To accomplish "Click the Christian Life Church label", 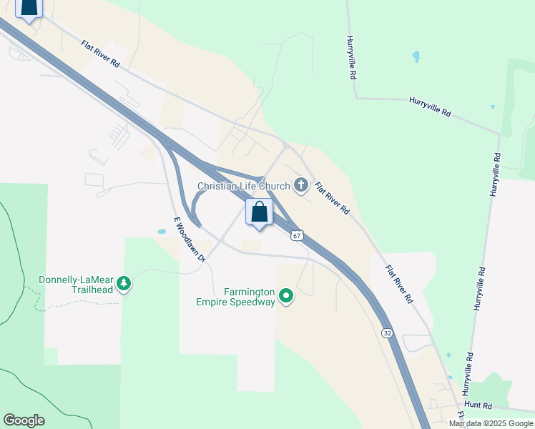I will (243, 187).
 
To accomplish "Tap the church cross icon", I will (301, 186).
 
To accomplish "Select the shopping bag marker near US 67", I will (259, 212).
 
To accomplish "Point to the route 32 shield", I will (387, 333).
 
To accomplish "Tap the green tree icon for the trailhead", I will (124, 284).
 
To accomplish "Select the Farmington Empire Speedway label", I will (235, 297).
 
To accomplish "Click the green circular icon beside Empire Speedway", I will (286, 295).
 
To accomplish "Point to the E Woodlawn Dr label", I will (189, 239).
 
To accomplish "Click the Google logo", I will (24, 420).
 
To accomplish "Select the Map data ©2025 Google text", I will (490, 423).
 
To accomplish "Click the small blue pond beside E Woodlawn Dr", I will (162, 232).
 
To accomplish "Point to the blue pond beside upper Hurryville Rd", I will (416, 56).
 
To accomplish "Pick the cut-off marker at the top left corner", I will (29, 9).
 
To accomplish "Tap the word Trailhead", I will (94, 290).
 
